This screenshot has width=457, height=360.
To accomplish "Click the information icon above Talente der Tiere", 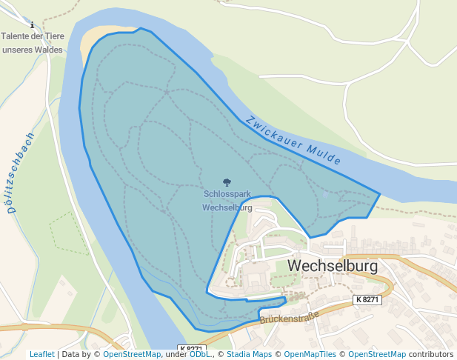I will pyautogui.click(x=31, y=25).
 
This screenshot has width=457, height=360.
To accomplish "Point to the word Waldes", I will pyautogui.click(x=47, y=50).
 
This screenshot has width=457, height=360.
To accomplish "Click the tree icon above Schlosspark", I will pyautogui.click(x=227, y=181).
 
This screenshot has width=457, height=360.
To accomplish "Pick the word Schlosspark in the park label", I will pyautogui.click(x=227, y=195).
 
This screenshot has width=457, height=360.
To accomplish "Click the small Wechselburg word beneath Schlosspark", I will pyautogui.click(x=227, y=208).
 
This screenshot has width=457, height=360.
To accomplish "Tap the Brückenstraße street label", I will pyautogui.click(x=289, y=317).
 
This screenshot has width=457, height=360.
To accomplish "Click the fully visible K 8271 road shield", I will pyautogui.click(x=367, y=300).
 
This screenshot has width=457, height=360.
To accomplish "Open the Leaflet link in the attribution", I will pyautogui.click(x=41, y=354).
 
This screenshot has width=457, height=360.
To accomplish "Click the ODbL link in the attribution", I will pyautogui.click(x=199, y=354).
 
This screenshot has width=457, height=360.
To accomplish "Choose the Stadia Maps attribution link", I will pyautogui.click(x=249, y=354).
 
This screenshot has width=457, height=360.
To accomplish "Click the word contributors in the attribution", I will pyautogui.click(x=431, y=354).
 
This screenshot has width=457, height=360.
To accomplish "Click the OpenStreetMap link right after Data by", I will pyautogui.click(x=132, y=354).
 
